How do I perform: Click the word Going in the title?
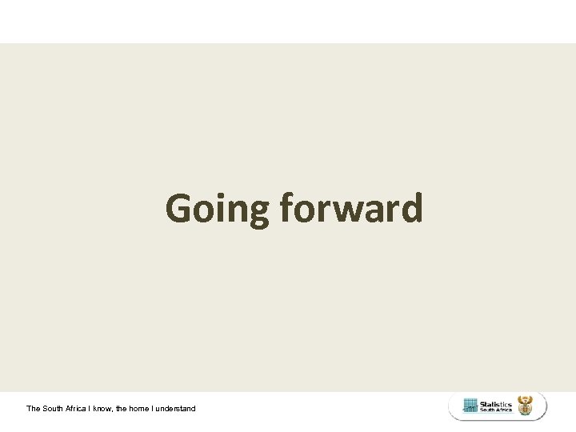point(218,210)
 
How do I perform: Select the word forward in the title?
point(351,209)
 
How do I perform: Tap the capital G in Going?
point(179,209)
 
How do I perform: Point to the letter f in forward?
point(288,208)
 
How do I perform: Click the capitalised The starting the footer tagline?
point(34,408)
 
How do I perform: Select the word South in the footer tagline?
point(54,408)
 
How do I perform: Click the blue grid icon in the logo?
point(470,406)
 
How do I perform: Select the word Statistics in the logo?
point(496,404)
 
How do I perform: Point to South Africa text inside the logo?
point(496,410)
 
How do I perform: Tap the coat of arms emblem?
point(526,406)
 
